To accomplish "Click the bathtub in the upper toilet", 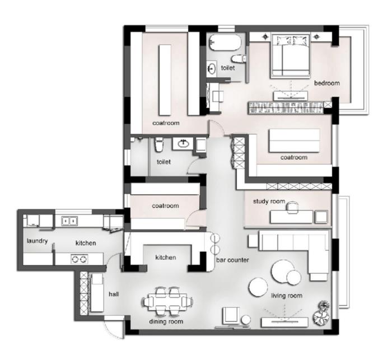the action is click(x=225, y=42).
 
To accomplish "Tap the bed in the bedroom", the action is click(x=291, y=55).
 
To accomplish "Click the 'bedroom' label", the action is click(x=326, y=83).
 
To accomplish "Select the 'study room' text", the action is click(x=269, y=202).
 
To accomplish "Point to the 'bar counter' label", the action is click(x=232, y=260).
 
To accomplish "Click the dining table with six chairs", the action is click(x=167, y=301).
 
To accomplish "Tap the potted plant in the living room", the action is click(x=322, y=313).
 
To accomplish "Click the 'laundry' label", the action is click(x=37, y=241).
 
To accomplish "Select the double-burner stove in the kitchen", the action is click(x=80, y=259).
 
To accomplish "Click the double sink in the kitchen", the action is click(x=69, y=221).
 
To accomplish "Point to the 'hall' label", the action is click(x=114, y=294).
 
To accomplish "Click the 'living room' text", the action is click(x=287, y=296).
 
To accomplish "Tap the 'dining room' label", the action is click(x=166, y=321).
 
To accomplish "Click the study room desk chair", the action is click(x=292, y=207).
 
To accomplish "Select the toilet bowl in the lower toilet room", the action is click(x=158, y=144).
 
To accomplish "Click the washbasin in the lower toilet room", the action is click(x=183, y=143).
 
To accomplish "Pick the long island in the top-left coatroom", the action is click(x=165, y=80).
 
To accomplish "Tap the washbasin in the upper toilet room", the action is click(x=212, y=68).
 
